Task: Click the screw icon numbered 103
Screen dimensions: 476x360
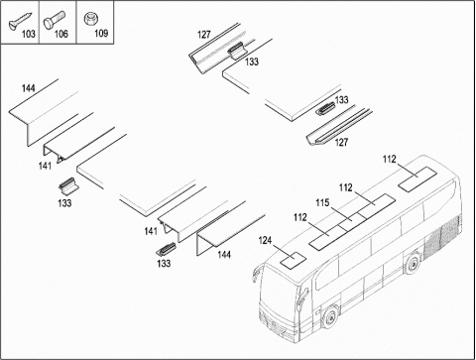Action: coord(20,21)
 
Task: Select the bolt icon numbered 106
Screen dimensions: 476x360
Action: coord(55,20)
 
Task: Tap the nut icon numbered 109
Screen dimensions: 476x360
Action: coord(89,19)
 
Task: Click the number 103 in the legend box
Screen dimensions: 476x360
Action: coord(29,34)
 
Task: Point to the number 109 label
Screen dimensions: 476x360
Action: coord(101,33)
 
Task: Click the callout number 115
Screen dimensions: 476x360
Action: coord(322,202)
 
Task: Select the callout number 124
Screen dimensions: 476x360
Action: coord(265,240)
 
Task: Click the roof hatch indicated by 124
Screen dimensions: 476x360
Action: coord(294,259)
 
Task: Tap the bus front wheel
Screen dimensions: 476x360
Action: coord(330,317)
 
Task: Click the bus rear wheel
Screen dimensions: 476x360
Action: coord(413,265)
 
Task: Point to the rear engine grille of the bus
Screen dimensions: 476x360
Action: coord(442,236)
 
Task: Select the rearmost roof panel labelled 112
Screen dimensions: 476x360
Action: coord(417,179)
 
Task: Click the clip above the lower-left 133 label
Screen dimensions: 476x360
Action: coord(68,186)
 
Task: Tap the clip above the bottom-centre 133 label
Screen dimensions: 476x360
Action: coord(167,250)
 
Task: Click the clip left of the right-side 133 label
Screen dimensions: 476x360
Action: coord(325,109)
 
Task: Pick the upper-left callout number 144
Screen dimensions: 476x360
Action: coord(29,88)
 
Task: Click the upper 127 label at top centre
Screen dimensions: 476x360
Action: coord(204,35)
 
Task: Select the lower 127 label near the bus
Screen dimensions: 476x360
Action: coord(341,142)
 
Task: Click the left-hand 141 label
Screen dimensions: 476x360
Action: coord(45,166)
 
